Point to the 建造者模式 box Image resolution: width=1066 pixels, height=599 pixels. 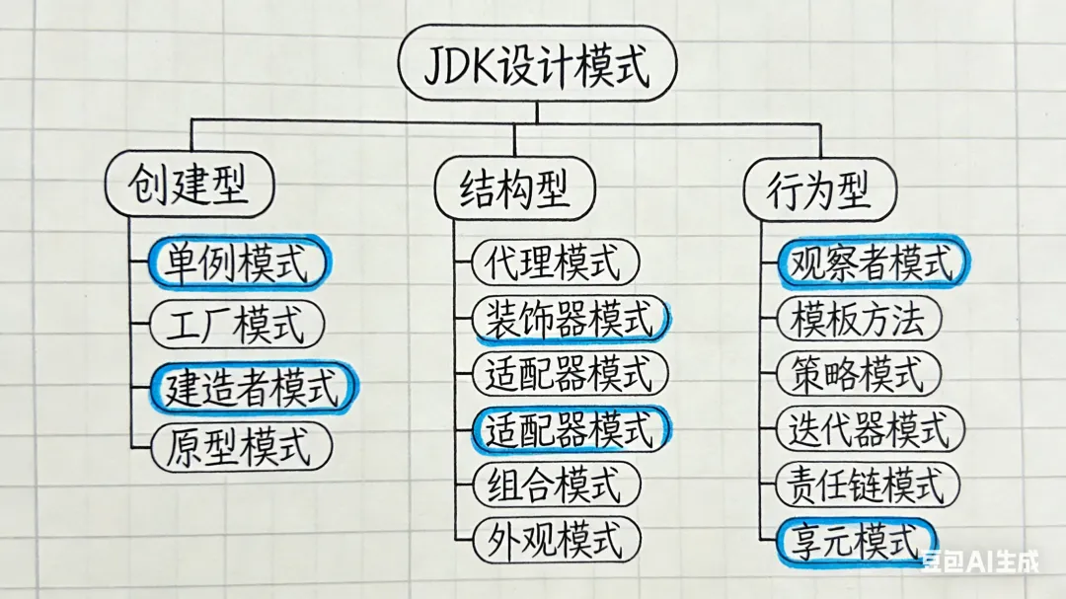[x=253, y=386]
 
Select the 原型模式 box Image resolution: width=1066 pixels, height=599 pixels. [x=239, y=446]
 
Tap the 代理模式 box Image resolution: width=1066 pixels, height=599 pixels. [x=555, y=263]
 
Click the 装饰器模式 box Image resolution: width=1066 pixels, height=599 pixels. [x=570, y=318]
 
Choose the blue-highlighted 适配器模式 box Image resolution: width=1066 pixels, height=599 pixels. [x=570, y=428]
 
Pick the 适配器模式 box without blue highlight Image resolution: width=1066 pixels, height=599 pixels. [x=570, y=374]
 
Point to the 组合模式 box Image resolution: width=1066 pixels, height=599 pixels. [x=555, y=485]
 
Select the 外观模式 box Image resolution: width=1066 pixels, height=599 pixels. [x=555, y=540]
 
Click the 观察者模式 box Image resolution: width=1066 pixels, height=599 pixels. [x=870, y=263]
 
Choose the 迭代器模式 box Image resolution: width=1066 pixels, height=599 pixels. [x=870, y=429]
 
